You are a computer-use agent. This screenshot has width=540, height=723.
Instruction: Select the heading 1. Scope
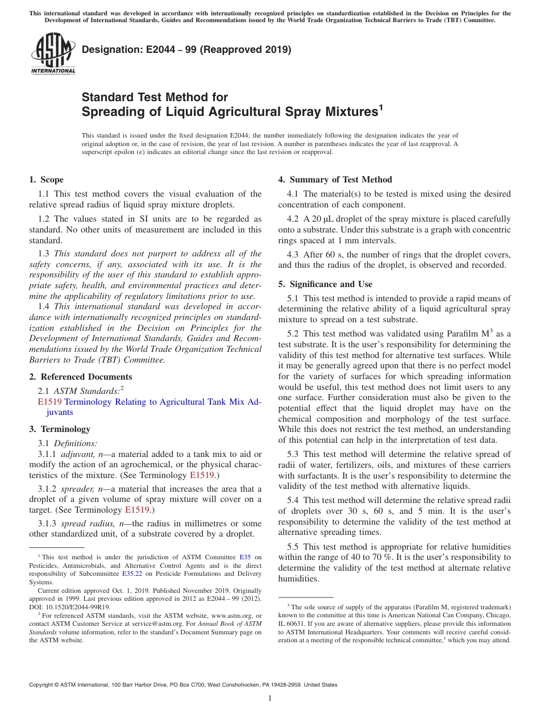46,180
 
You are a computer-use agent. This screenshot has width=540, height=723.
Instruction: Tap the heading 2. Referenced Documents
80,377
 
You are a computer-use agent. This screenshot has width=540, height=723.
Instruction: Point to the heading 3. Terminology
60,429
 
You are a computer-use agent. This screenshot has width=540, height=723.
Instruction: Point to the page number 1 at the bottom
270,699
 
